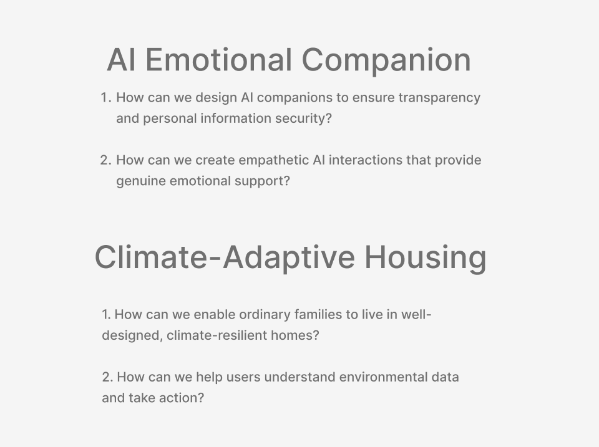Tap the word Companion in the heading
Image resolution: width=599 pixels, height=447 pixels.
coord(386,60)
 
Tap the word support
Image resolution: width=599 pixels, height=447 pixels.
coord(266,181)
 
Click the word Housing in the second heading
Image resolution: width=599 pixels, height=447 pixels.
coord(426,257)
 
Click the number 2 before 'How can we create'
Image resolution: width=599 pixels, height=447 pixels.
coord(105,160)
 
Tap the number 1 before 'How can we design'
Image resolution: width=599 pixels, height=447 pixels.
coord(105,98)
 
